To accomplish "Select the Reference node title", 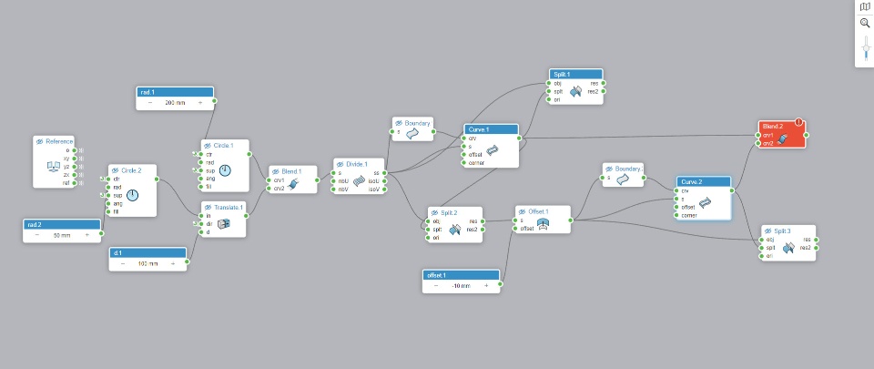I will tap(59, 141).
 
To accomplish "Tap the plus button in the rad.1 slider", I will tap(199, 103).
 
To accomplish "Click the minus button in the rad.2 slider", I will tap(37, 234).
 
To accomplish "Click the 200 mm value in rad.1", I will tap(175, 103).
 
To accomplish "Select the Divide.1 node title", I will tap(355, 163).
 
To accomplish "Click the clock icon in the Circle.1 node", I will tap(225, 170).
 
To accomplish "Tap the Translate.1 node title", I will tap(227, 207).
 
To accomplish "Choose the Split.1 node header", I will tap(576, 74).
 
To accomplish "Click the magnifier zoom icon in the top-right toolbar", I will tap(865, 23).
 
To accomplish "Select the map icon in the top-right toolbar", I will tap(865, 6).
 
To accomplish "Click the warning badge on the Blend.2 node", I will tap(798, 122).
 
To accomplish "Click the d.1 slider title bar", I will tap(148, 251).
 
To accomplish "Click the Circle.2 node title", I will tap(133, 170).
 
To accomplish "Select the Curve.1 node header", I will tap(491, 129).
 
